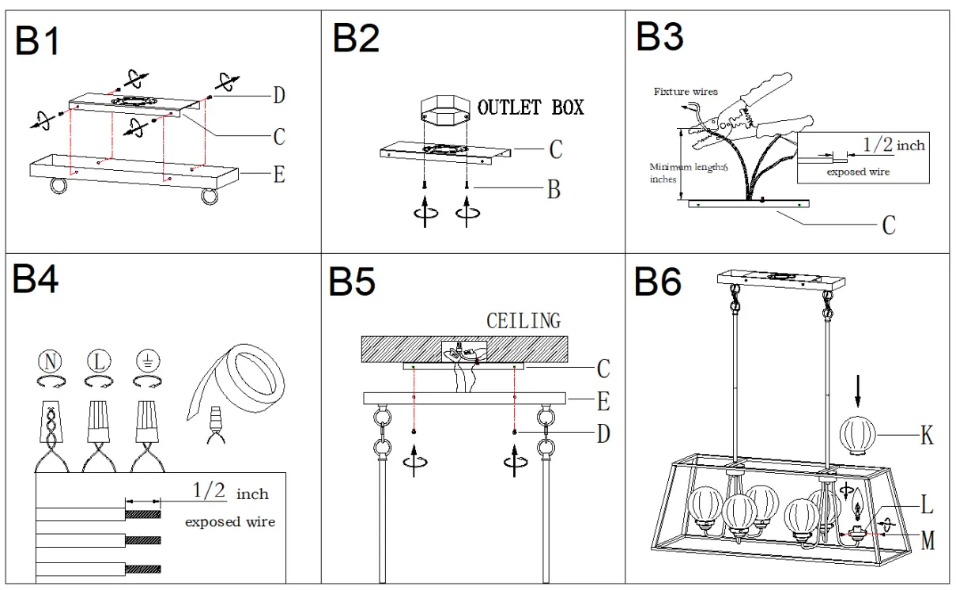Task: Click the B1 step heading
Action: pyautogui.click(x=37, y=40)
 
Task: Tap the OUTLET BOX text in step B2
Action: pyautogui.click(x=531, y=107)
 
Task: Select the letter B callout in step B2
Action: pyautogui.click(x=554, y=190)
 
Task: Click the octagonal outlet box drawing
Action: pyautogui.click(x=446, y=111)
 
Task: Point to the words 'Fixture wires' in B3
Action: pyautogui.click(x=686, y=92)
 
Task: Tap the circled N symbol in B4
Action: pyautogui.click(x=50, y=361)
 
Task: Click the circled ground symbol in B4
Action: pyautogui.click(x=145, y=361)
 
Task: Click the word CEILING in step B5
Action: pyautogui.click(x=523, y=320)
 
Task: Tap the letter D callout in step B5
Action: pyautogui.click(x=603, y=433)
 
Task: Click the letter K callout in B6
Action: pyautogui.click(x=927, y=434)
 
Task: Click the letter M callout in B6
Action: pyautogui.click(x=928, y=541)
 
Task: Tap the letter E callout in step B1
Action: pyautogui.click(x=278, y=173)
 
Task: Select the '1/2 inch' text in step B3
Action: pyautogui.click(x=893, y=145)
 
